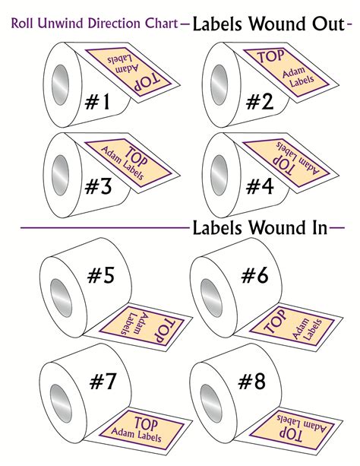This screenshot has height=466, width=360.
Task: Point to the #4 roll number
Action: (258, 186)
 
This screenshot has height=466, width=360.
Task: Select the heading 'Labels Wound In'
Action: (260, 227)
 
